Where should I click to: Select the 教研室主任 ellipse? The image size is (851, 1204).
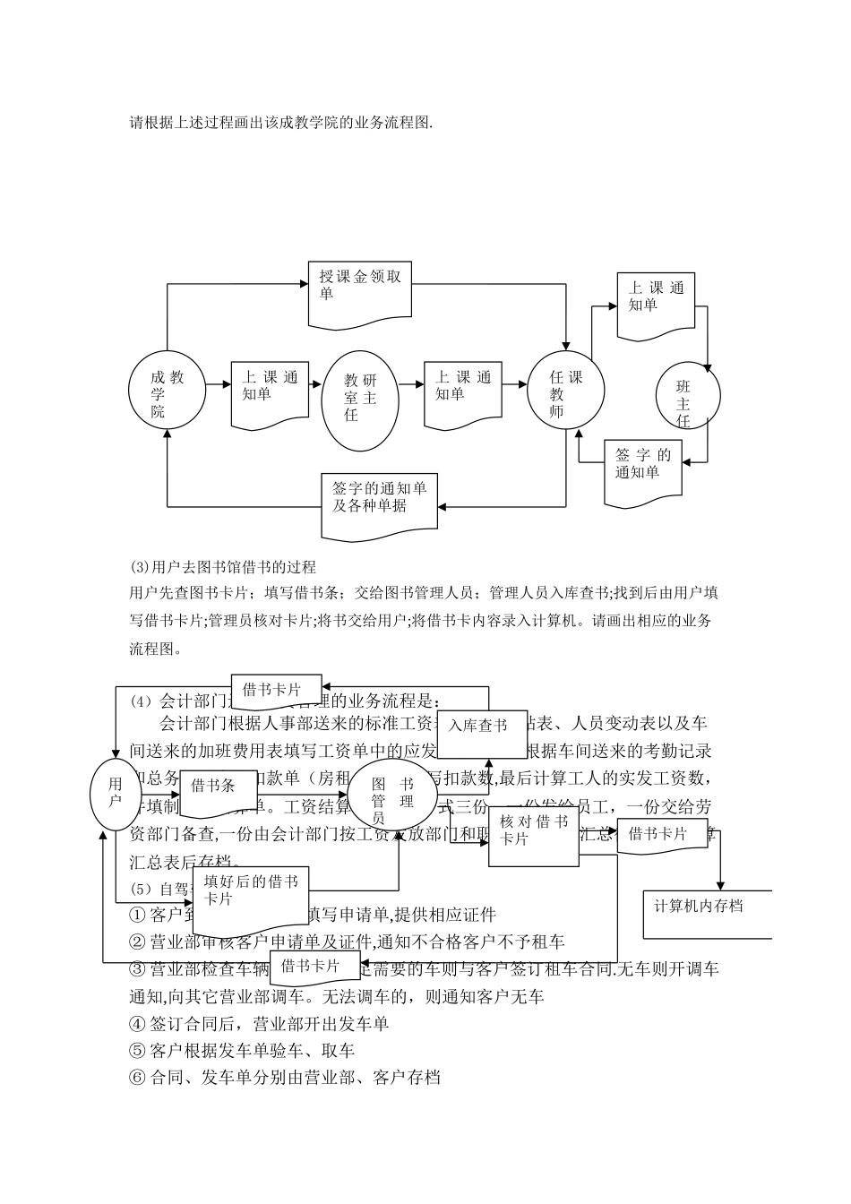click(360, 400)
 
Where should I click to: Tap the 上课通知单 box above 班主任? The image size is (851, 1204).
click(656, 303)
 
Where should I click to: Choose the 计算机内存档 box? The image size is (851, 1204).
click(708, 914)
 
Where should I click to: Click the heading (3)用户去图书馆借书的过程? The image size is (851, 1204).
click(223, 567)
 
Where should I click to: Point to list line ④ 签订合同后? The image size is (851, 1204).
click(260, 1023)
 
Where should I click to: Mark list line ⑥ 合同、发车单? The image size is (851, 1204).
click(285, 1077)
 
